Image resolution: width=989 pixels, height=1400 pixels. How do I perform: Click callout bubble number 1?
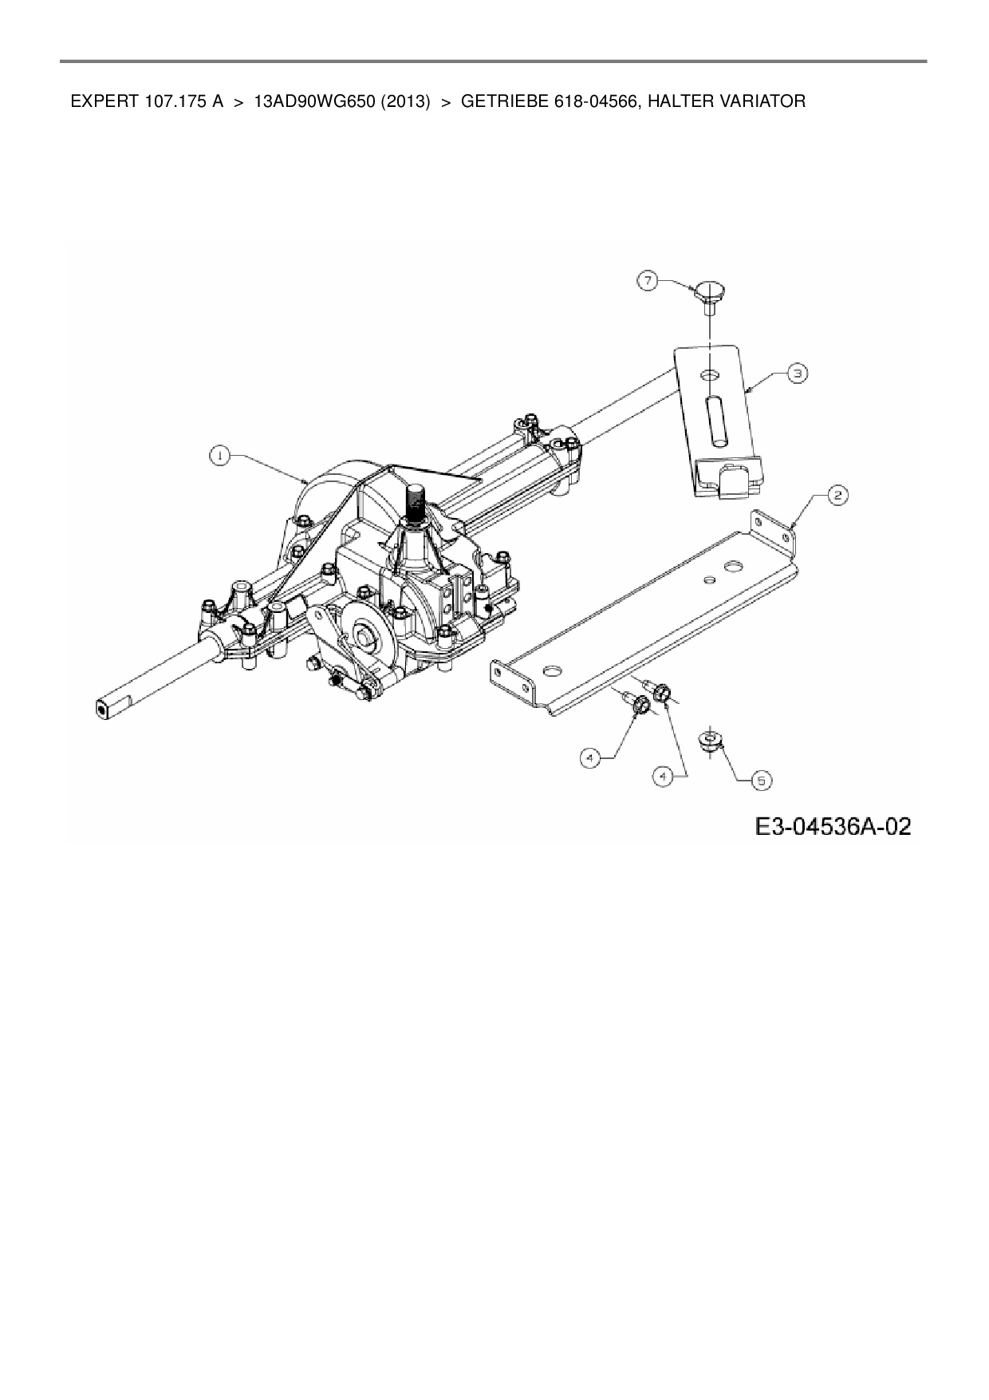click(x=219, y=455)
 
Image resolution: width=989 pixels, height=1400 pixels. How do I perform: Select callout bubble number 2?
click(x=837, y=496)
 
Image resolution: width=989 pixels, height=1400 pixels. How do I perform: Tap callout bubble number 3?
click(x=797, y=372)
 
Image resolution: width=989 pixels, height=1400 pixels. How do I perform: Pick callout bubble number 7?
click(x=648, y=280)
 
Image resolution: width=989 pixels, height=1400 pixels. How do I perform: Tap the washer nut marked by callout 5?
click(x=710, y=740)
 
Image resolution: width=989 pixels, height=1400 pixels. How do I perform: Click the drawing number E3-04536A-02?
click(x=833, y=826)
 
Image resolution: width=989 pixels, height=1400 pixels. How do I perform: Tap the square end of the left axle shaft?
click(x=104, y=707)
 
